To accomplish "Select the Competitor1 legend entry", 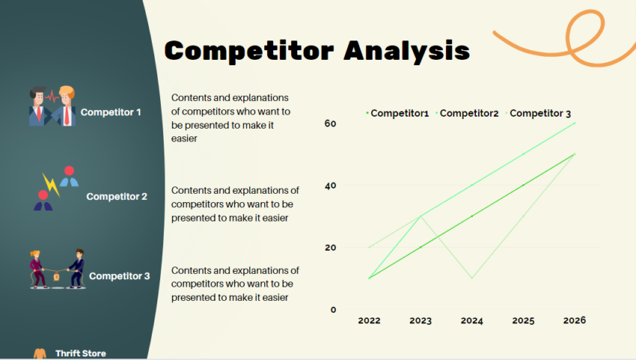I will (x=399, y=113).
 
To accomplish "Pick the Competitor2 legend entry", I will (x=468, y=113).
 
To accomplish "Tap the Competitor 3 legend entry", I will (x=539, y=113).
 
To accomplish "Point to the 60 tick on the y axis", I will (x=330, y=123).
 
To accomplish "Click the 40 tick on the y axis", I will (x=330, y=185).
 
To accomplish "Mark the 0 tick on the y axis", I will (x=333, y=309).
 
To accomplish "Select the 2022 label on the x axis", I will (x=369, y=320).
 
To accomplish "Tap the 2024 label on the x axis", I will (x=472, y=320).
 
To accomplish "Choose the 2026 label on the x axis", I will (x=575, y=320).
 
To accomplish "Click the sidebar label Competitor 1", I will (x=111, y=112).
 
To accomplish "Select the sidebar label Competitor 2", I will (x=117, y=197).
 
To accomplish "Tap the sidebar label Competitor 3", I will (x=120, y=276).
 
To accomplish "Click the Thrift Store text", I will (x=81, y=353).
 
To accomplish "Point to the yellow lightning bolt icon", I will (x=49, y=184).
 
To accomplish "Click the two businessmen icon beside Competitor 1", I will (x=52, y=106).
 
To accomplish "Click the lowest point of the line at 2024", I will (x=472, y=278).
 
